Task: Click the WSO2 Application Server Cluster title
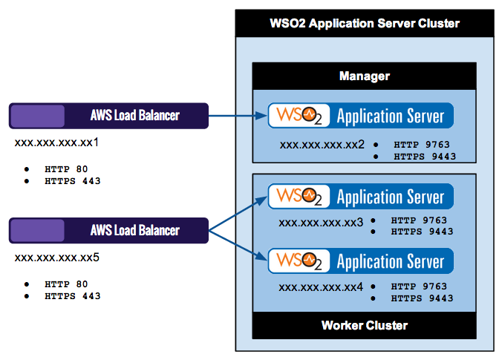tap(364, 23)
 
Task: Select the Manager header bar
tap(364, 76)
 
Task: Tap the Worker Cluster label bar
tap(364, 325)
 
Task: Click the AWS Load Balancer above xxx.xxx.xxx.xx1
tap(108, 116)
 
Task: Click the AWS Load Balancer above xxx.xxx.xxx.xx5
tap(108, 230)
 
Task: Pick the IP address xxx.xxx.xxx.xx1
tap(57, 143)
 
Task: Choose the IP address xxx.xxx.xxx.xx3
tap(321, 222)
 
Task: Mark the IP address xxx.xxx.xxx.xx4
tap(321, 287)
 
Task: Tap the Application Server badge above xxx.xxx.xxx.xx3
tap(361, 197)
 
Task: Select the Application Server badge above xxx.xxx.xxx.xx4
tap(361, 261)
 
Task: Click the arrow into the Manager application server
tap(238, 116)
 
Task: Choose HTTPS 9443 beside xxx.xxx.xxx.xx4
tap(422, 298)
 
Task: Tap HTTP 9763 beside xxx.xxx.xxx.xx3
tap(419, 220)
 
